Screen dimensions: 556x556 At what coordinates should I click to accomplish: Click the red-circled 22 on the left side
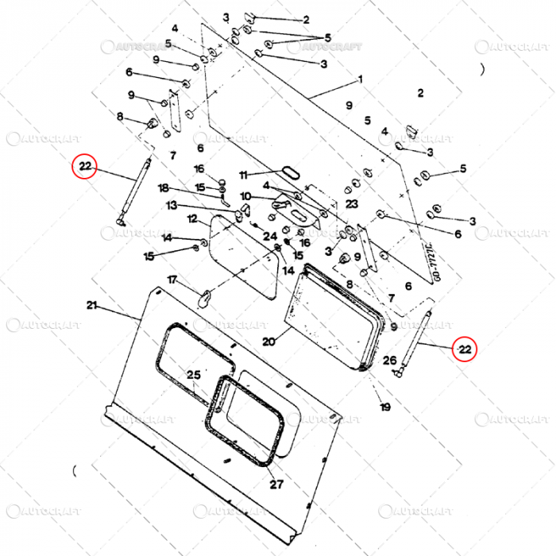click(85, 167)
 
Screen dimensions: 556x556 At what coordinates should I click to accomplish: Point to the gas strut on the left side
click(133, 191)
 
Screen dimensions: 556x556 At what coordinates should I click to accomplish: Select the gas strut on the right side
click(418, 338)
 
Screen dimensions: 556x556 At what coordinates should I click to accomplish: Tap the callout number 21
click(91, 306)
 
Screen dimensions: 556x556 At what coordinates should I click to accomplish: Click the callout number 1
click(360, 79)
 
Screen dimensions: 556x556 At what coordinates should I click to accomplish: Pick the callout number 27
click(276, 484)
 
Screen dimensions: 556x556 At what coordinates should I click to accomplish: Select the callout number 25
click(194, 375)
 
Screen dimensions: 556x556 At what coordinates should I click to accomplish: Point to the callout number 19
click(385, 407)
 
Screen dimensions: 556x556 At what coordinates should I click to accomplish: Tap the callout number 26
click(389, 361)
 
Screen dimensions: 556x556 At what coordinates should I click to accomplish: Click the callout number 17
click(172, 279)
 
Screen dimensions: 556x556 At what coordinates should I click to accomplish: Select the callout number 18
click(164, 188)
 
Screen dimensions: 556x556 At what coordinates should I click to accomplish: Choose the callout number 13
click(172, 205)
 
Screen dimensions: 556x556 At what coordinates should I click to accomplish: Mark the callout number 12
click(192, 218)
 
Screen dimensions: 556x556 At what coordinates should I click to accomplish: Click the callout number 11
click(244, 174)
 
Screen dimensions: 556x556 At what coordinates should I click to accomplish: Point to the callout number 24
click(270, 235)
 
